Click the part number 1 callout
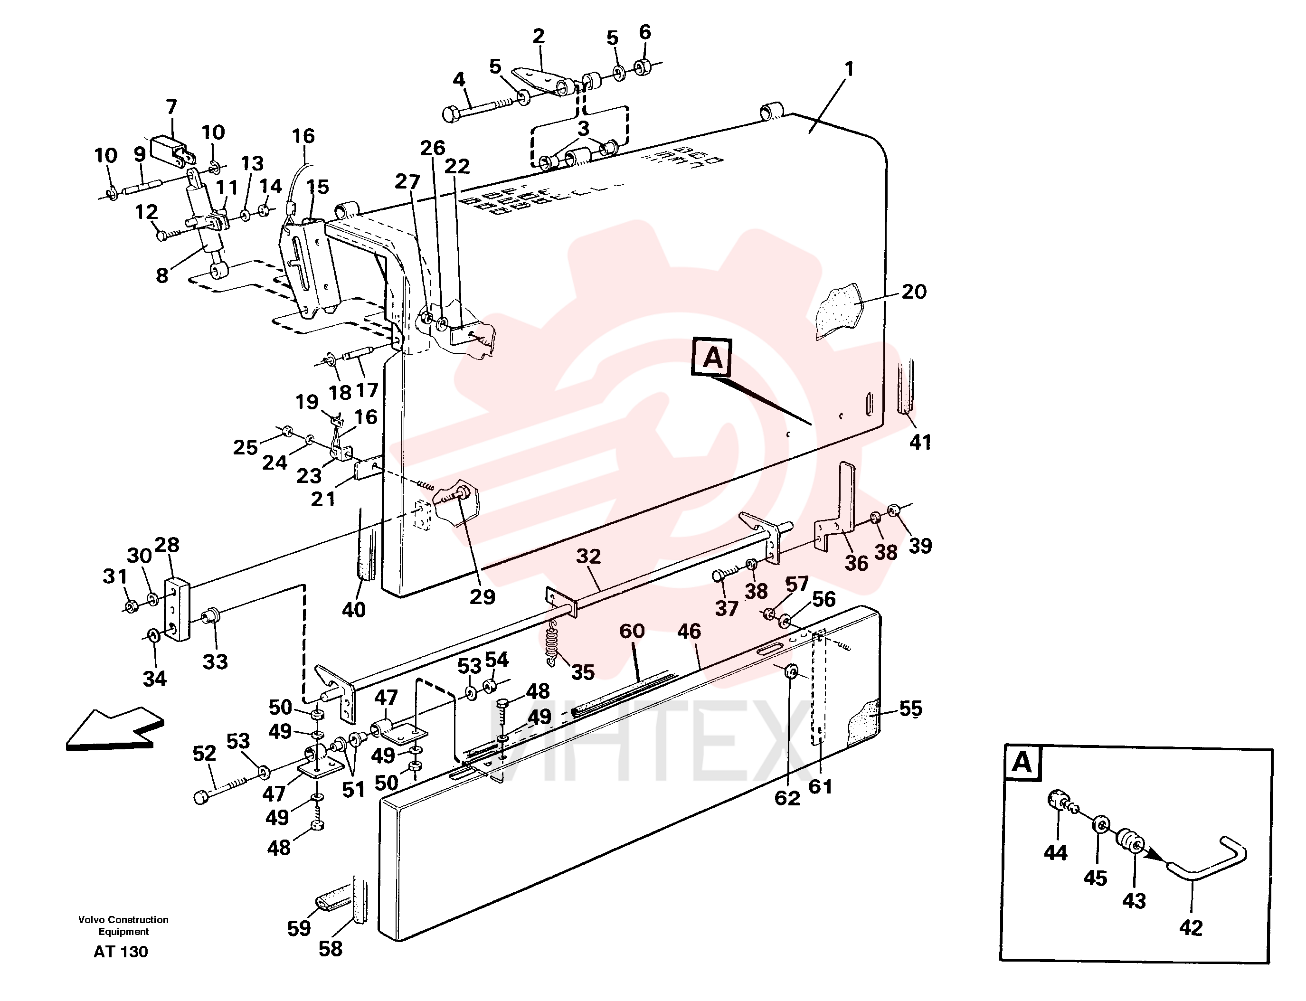tap(850, 69)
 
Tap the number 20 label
tap(914, 292)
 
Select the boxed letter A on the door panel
tap(712, 358)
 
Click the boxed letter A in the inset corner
tap(1022, 762)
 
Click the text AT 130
tap(121, 952)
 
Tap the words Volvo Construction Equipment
tap(123, 925)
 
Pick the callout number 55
tap(910, 708)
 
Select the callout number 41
tap(920, 442)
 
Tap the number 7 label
tap(171, 107)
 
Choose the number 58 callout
tap(331, 949)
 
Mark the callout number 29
tap(482, 596)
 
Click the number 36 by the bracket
tap(856, 563)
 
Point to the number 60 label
tap(632, 631)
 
